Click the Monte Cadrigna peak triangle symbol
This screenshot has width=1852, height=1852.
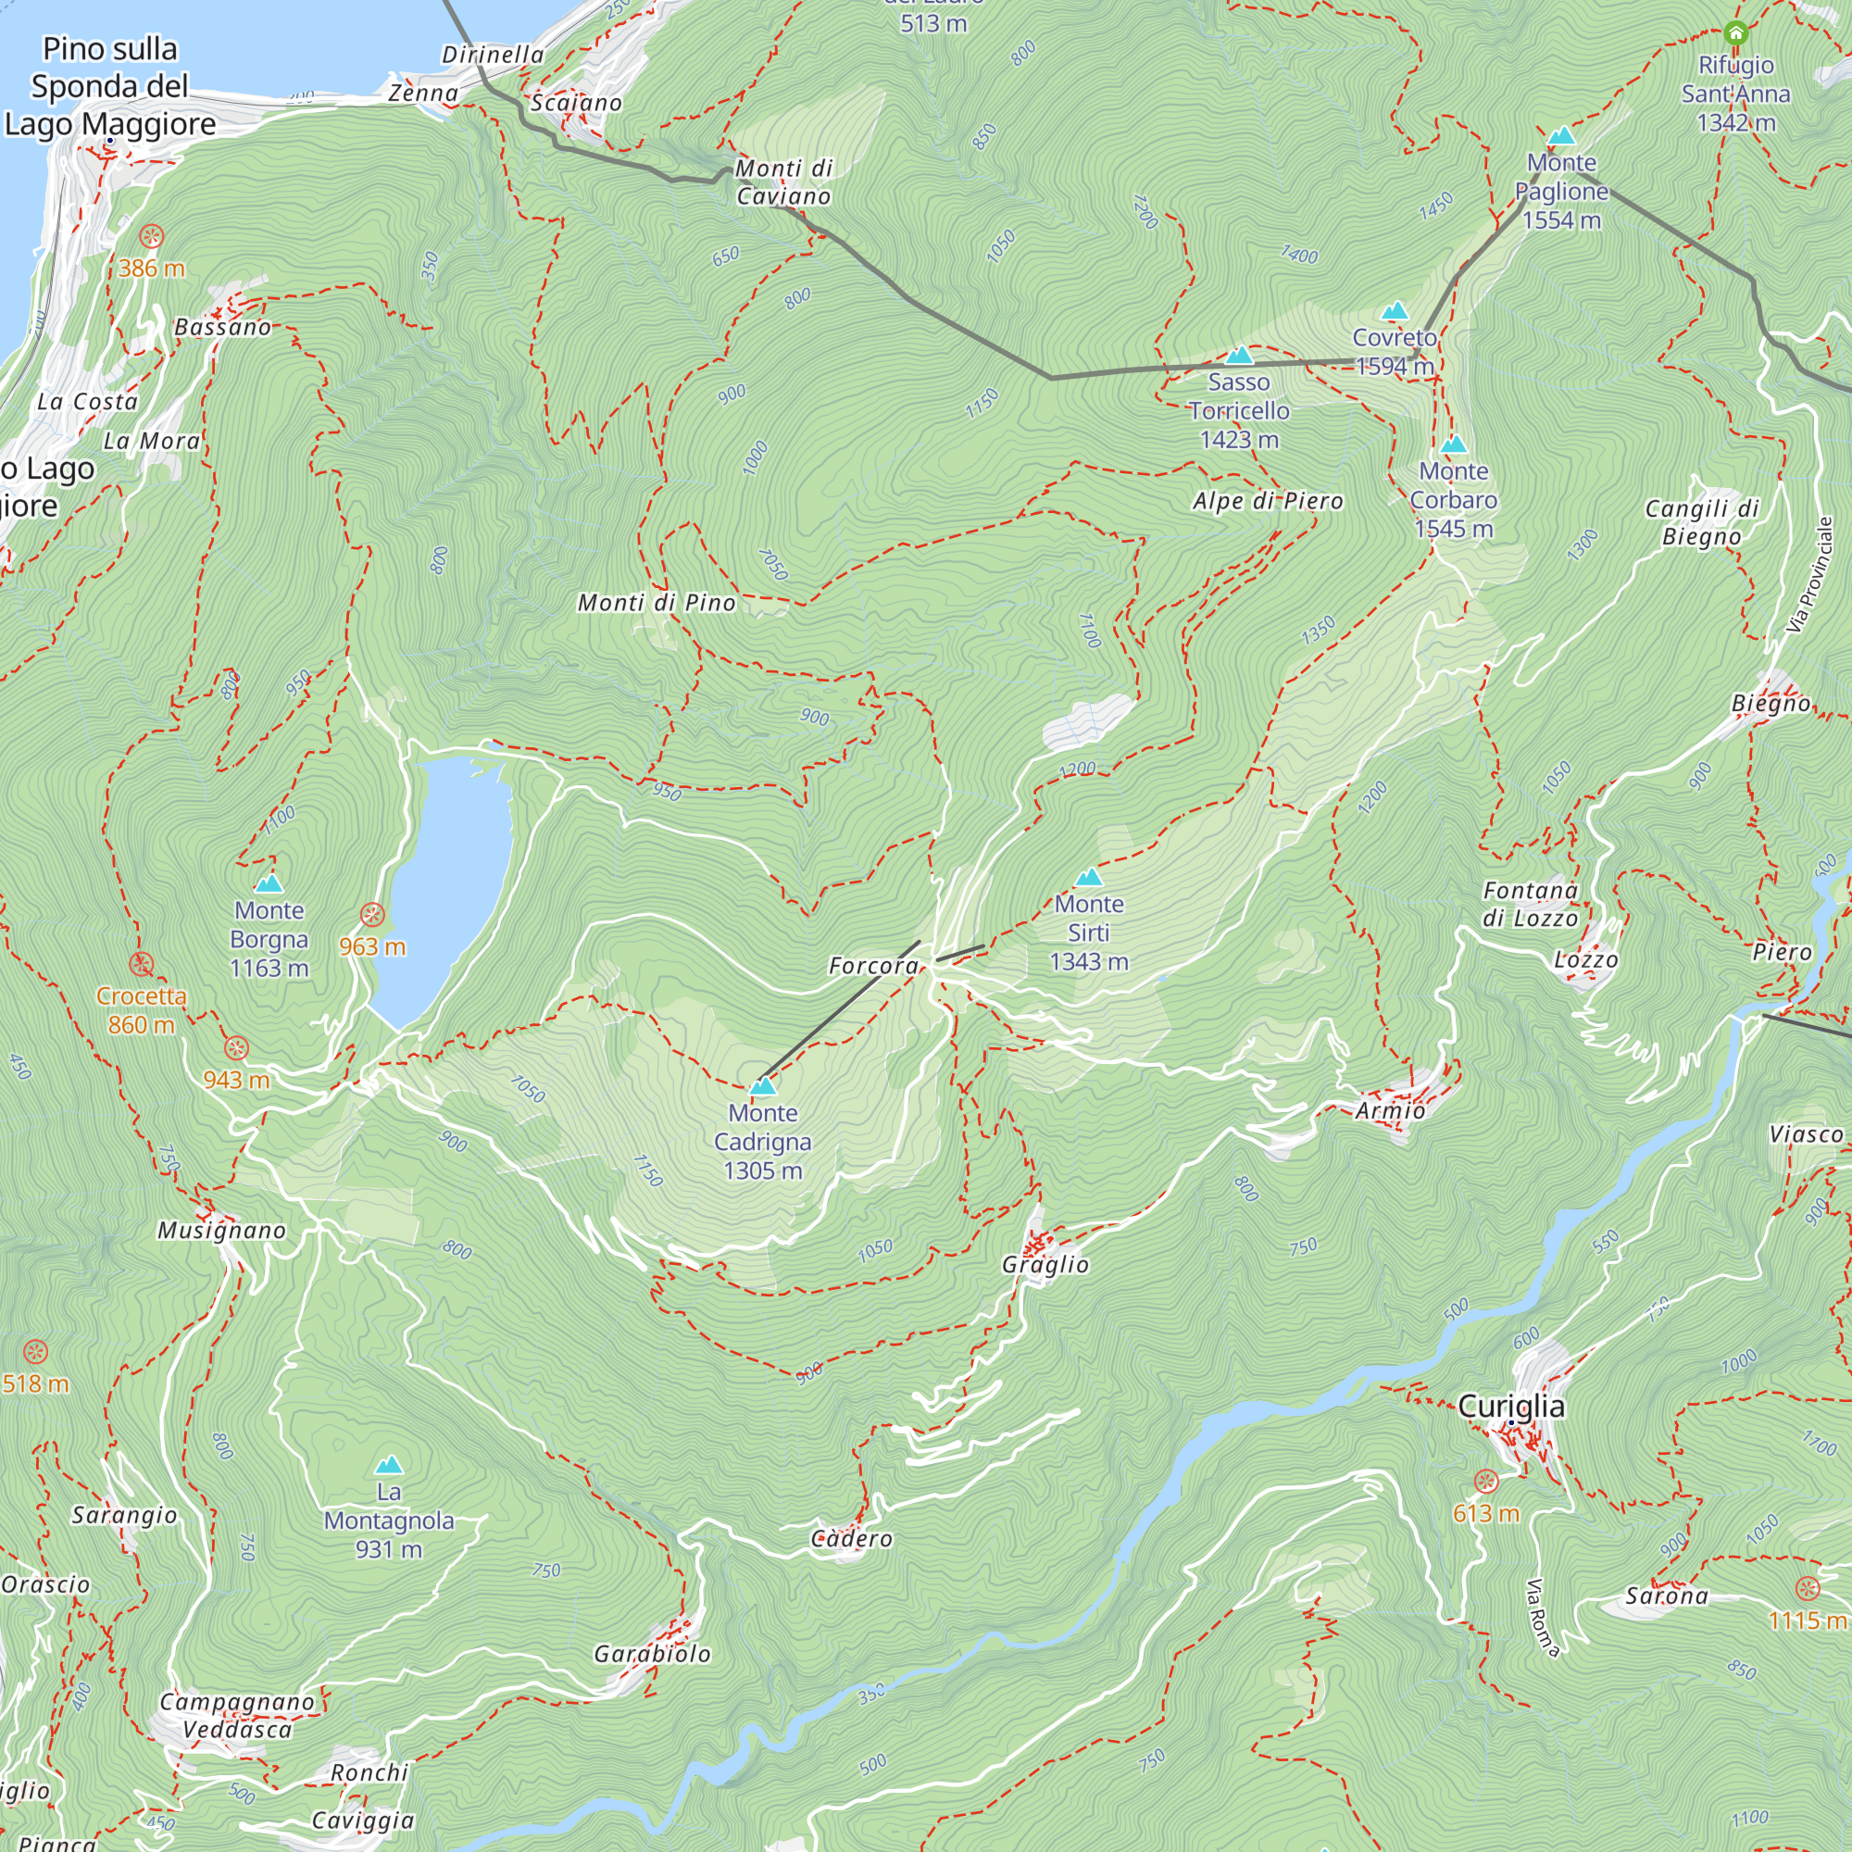(763, 1086)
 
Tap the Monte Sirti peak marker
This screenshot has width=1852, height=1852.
(1088, 877)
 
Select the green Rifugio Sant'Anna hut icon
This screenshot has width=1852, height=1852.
(1736, 33)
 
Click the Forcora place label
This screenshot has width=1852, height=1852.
(873, 966)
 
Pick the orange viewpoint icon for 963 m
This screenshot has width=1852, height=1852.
(372, 915)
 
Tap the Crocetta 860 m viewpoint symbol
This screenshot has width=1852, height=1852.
(142, 964)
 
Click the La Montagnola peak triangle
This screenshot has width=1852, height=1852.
(388, 1465)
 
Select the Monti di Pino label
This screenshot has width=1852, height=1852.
(657, 603)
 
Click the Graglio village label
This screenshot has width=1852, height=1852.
(1045, 1265)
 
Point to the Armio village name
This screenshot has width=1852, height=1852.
(1390, 1111)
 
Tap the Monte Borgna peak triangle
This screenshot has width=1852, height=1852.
(269, 882)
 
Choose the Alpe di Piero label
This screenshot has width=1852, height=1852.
(1268, 501)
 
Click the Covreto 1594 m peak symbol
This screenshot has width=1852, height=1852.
(1395, 310)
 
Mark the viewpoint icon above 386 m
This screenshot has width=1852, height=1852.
(152, 236)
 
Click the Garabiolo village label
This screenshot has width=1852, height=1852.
(652, 1654)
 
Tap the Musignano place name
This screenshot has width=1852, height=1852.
(221, 1231)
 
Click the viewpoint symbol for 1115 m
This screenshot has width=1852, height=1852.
(1807, 1588)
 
